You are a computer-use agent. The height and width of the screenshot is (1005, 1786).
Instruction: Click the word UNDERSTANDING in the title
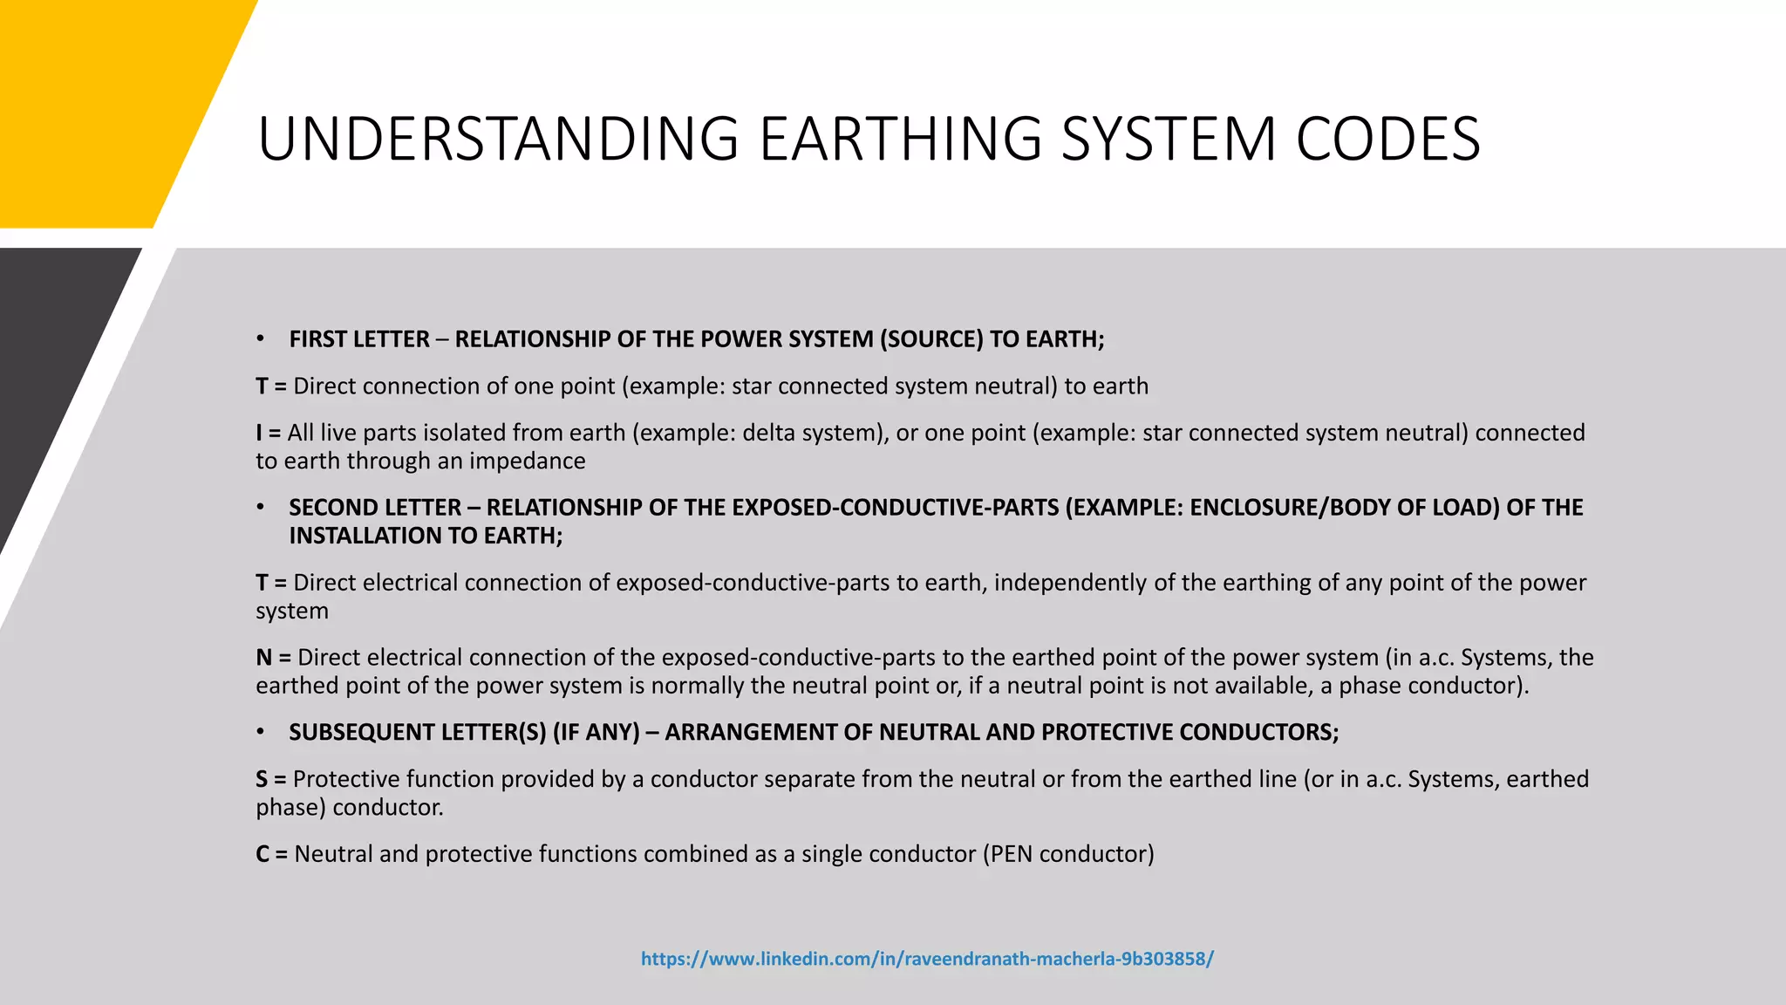click(x=498, y=140)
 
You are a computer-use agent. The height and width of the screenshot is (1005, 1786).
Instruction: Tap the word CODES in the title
click(x=1387, y=140)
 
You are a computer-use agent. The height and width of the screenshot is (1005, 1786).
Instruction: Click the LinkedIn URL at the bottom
click(x=927, y=959)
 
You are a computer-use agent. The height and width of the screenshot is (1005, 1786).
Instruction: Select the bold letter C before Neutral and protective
click(x=262, y=854)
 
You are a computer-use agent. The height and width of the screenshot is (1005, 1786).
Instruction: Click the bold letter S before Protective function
click(x=262, y=779)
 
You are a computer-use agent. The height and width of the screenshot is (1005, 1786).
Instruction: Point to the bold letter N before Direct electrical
click(x=263, y=658)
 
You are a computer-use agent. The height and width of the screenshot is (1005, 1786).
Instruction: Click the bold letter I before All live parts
click(x=259, y=433)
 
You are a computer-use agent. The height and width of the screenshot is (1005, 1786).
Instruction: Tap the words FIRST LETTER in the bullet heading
click(x=359, y=339)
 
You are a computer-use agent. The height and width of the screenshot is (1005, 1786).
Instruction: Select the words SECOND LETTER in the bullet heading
click(x=375, y=508)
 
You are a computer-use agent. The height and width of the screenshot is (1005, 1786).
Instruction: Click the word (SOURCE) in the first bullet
click(x=930, y=339)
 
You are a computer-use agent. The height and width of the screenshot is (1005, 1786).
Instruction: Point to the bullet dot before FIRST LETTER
click(x=260, y=339)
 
